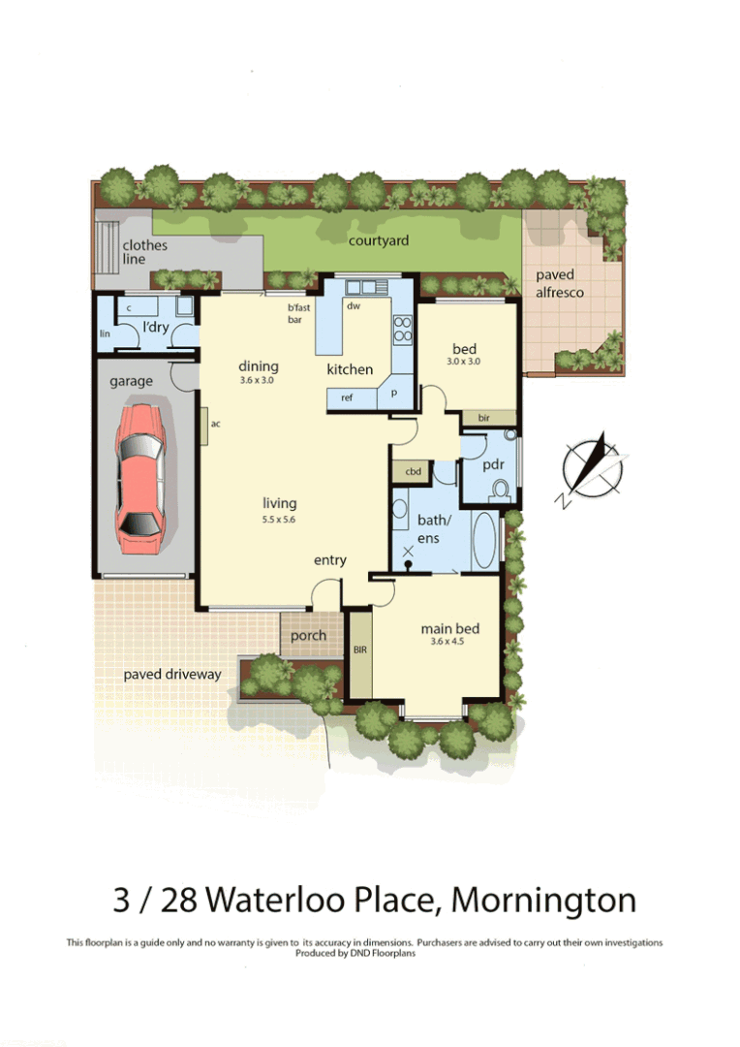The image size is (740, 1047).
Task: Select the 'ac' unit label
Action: point(215,424)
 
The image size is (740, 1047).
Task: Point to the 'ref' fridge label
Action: point(347,397)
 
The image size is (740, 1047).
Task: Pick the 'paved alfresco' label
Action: point(561,283)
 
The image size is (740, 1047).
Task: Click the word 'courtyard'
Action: point(379,240)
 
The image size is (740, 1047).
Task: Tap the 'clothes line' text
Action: point(145,252)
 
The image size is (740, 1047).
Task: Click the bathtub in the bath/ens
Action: point(483,540)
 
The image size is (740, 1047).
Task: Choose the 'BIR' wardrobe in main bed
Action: point(360,650)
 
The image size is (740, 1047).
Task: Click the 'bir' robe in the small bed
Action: point(483,417)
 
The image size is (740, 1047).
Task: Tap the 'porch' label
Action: point(309,636)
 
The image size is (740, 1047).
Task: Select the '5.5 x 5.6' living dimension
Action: point(279,520)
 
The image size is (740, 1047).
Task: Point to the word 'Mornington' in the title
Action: point(543,900)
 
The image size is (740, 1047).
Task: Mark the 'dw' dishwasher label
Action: point(354,305)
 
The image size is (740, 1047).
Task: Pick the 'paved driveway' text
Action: point(172,674)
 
